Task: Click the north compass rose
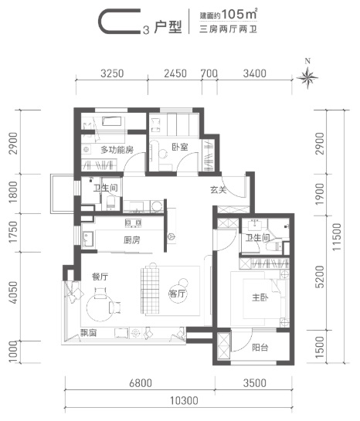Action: (307, 78)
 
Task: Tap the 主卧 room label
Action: (260, 297)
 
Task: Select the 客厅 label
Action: (178, 294)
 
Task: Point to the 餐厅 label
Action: (100, 277)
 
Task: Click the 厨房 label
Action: (132, 239)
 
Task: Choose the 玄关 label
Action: (219, 190)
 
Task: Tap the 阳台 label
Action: (260, 348)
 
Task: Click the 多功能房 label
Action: (117, 150)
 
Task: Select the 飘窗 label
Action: (89, 333)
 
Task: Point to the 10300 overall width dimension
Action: (184, 401)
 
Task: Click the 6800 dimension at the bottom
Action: (141, 383)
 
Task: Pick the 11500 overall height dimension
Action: (337, 237)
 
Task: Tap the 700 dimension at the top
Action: (209, 73)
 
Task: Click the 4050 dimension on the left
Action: (13, 293)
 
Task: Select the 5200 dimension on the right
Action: (320, 277)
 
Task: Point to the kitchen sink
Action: (88, 239)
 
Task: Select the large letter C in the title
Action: (120, 21)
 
